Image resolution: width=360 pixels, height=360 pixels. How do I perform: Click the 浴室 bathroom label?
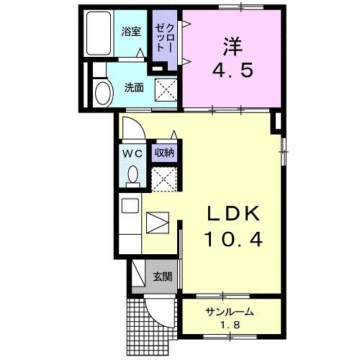130,32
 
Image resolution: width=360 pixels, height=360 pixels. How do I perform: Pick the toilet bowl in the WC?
132,175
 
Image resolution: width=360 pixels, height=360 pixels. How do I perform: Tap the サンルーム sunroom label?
229,312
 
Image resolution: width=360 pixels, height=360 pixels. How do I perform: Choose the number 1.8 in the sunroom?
230,328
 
